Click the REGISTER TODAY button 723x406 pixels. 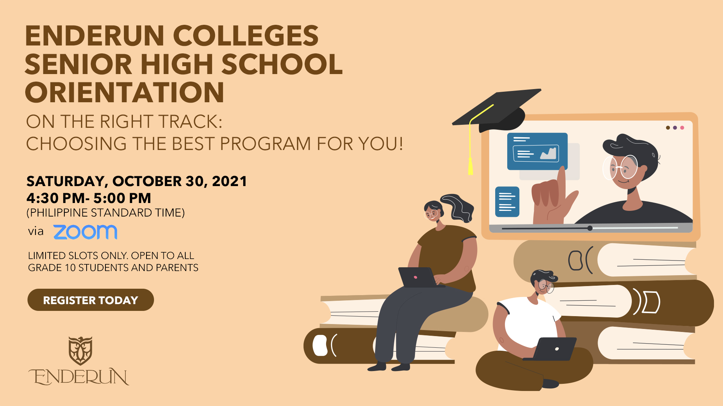click(x=91, y=300)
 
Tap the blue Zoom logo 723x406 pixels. click(x=85, y=232)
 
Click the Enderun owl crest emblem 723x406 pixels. click(x=80, y=351)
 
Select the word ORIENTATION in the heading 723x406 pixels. click(x=125, y=92)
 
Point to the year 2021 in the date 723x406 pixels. click(x=229, y=181)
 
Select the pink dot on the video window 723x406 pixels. click(x=682, y=128)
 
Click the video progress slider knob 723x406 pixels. click(x=590, y=228)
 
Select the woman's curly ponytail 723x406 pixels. click(x=458, y=208)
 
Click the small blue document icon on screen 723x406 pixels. click(x=507, y=202)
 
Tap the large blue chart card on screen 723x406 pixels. click(x=537, y=151)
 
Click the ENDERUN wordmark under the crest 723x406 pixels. click(x=79, y=377)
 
